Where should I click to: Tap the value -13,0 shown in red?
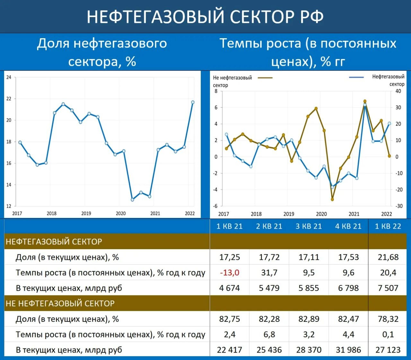(230, 273)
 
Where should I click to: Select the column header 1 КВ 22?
(388, 226)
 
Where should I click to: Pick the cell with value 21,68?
(388, 257)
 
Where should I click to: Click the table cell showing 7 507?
(388, 288)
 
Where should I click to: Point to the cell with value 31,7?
(269, 273)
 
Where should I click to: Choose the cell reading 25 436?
(269, 350)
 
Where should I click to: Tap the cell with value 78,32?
(388, 319)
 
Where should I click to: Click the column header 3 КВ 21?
(309, 226)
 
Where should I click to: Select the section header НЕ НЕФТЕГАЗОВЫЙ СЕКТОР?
(60, 303)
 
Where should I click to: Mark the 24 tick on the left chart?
(9, 77)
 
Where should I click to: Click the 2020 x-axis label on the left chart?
(120, 213)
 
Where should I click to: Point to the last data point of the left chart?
(193, 102)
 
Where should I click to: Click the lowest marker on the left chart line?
(132, 200)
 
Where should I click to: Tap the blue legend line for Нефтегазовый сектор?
(356, 77)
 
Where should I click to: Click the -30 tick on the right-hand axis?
(398, 206)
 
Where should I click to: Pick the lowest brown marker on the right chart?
(332, 200)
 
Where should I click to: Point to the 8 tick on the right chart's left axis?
(216, 91)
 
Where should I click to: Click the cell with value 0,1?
(388, 335)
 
